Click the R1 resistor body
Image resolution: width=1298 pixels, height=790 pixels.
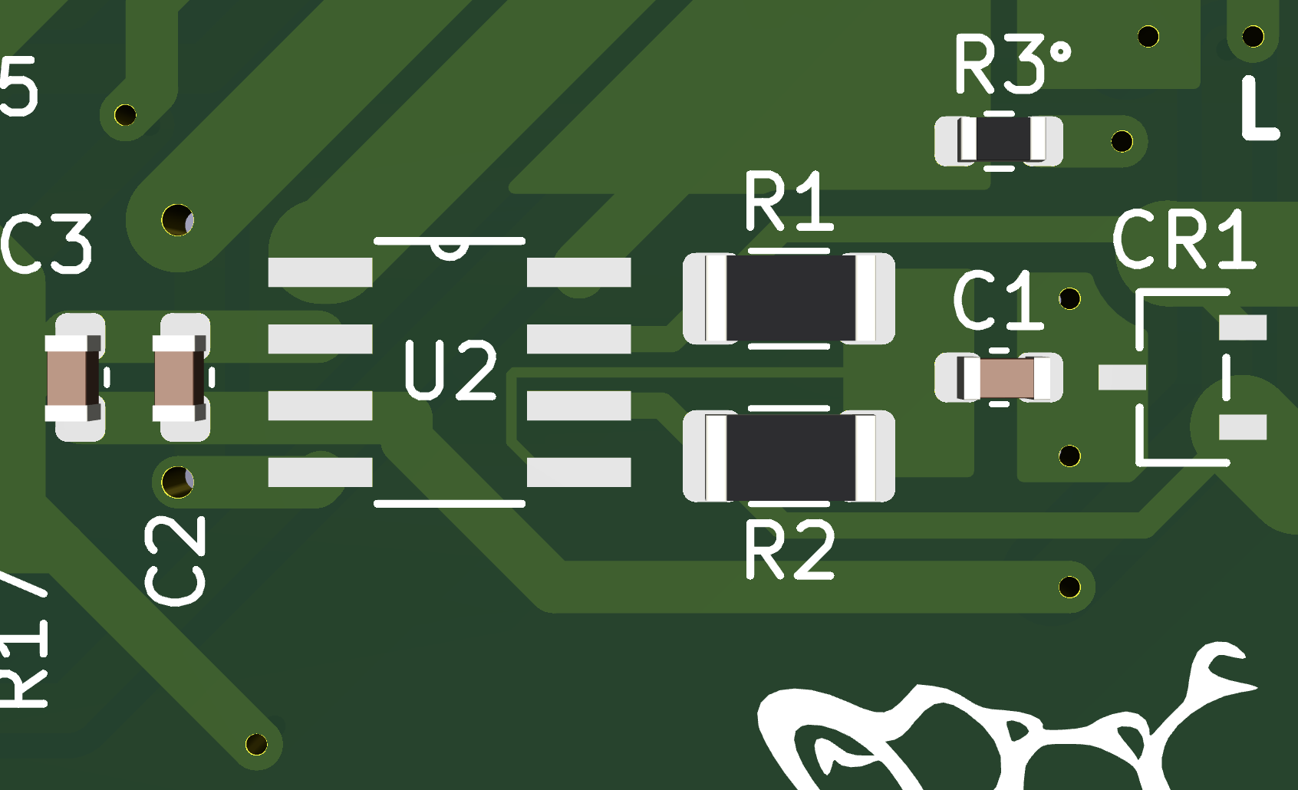tap(789, 298)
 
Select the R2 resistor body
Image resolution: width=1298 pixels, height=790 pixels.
tap(789, 456)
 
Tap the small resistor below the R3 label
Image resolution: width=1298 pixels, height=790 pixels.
tap(999, 140)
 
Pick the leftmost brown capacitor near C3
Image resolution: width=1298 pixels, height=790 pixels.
tap(72, 378)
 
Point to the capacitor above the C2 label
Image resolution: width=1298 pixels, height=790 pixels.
tap(180, 378)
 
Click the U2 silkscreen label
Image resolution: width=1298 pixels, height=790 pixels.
tap(451, 370)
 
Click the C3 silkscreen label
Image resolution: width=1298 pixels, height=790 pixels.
tap(46, 245)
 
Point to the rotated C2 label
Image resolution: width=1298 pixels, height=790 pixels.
tap(176, 560)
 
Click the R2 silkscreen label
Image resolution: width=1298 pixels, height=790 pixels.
tap(789, 549)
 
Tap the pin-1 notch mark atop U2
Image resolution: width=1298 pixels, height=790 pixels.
tap(449, 251)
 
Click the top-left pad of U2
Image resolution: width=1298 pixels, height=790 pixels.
tap(320, 272)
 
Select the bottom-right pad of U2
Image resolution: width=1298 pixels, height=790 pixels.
tap(578, 472)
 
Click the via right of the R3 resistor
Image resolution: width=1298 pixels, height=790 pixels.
tap(1122, 141)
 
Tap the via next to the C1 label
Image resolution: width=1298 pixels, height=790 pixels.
tap(1069, 298)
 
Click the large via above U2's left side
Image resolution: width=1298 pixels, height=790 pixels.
tap(177, 221)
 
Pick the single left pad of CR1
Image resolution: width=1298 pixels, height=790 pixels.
tap(1122, 377)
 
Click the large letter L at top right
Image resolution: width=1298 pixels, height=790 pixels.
tap(1258, 108)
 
